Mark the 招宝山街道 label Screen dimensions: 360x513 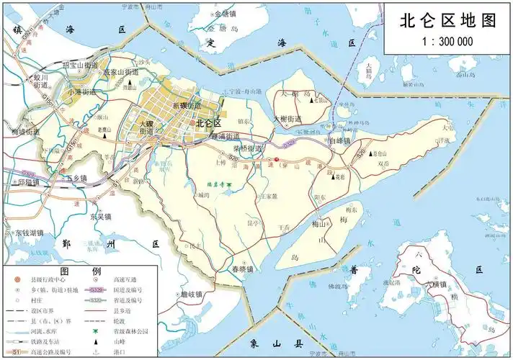[81, 66]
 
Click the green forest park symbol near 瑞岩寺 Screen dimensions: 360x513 [228, 185]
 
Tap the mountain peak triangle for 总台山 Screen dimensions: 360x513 [373, 153]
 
